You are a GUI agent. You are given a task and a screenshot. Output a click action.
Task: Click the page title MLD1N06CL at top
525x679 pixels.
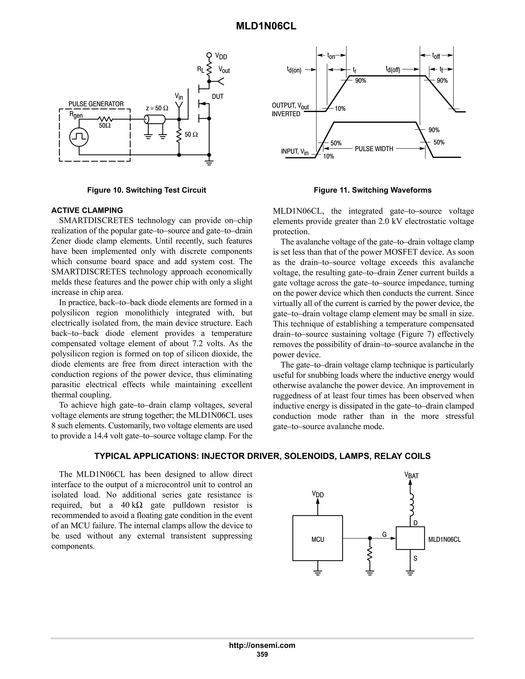[266, 26]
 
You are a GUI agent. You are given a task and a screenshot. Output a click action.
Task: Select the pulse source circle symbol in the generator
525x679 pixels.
[79, 137]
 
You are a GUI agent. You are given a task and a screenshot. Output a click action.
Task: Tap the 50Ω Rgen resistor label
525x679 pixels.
[105, 126]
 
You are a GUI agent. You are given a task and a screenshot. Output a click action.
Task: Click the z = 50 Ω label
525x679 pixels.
[157, 108]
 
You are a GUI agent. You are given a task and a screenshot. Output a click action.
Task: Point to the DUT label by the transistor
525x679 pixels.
[218, 97]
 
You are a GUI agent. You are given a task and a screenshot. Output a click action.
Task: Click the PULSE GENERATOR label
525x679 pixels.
[96, 104]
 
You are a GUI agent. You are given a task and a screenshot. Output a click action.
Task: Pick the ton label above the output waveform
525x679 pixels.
[331, 56]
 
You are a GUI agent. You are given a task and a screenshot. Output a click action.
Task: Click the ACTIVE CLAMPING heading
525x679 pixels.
[87, 210]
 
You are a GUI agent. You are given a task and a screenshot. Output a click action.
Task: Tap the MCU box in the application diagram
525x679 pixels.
[318, 539]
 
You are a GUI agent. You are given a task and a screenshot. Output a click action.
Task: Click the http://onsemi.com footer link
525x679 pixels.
[262, 645]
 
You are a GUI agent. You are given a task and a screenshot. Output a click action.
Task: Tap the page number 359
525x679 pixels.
[262, 654]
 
